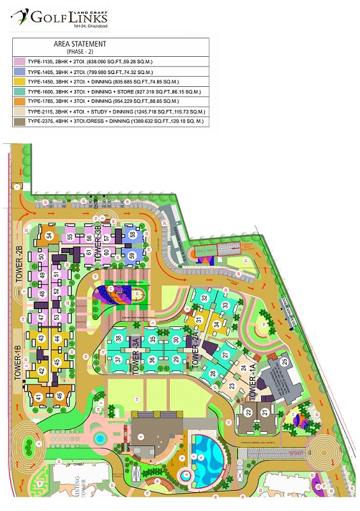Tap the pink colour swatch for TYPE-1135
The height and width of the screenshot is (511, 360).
20,62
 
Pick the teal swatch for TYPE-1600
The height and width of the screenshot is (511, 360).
20,92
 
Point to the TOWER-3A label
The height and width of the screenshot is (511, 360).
136,358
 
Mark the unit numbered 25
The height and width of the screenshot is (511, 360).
284,362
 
